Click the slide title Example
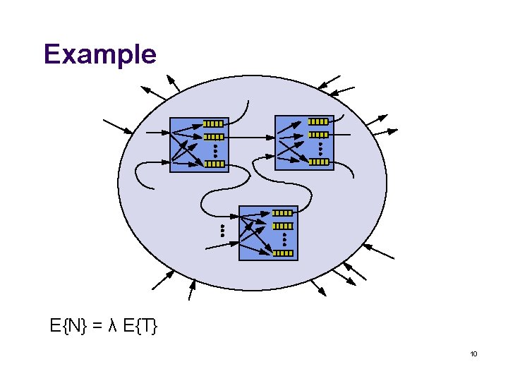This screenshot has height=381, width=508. tap(99, 54)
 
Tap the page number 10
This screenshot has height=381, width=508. tap(473, 353)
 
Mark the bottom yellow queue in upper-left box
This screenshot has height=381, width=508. tap(214, 164)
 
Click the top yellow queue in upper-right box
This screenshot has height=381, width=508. tap(319, 121)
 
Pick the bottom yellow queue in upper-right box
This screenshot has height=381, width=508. tap(319, 162)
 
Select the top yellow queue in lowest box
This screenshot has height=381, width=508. tap(283, 212)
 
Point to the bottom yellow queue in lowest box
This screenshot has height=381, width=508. tap(283, 253)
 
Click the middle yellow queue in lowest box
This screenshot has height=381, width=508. tap(283, 226)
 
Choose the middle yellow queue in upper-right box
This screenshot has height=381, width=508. tap(319, 135)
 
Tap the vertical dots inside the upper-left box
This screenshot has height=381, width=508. tap(214, 150)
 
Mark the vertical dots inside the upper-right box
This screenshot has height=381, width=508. tap(320, 148)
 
